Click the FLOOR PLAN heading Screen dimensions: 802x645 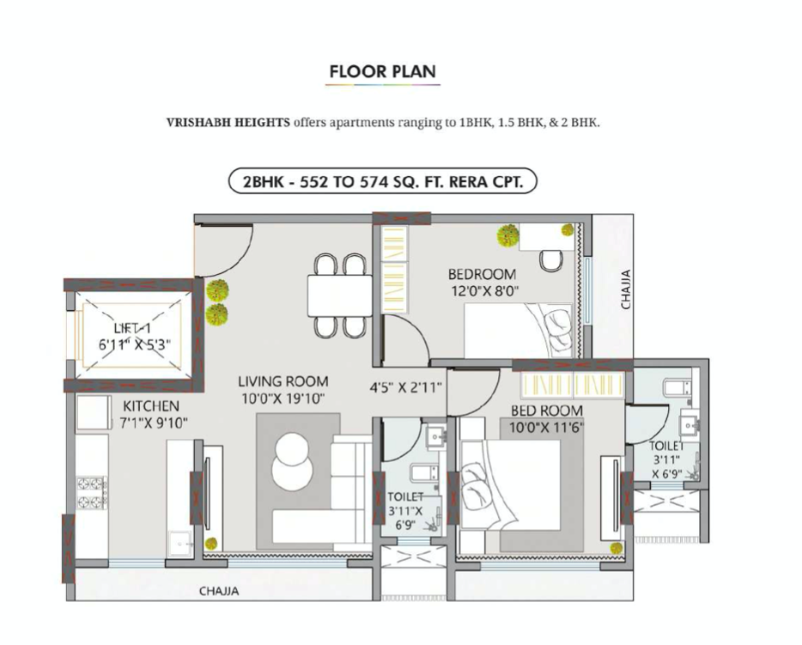click(x=383, y=71)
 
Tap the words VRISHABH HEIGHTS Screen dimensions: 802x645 click(x=228, y=123)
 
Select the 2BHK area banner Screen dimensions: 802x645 click(x=383, y=181)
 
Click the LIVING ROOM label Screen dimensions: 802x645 click(x=283, y=381)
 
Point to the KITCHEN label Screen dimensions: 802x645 click(x=151, y=406)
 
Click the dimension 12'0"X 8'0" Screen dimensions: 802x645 click(x=485, y=291)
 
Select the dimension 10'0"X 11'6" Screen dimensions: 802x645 click(x=547, y=427)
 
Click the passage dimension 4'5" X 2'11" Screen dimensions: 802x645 click(x=405, y=387)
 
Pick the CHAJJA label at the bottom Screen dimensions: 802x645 click(x=219, y=591)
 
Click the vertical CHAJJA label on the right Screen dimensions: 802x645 click(x=626, y=289)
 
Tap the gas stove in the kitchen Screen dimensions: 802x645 click(x=92, y=493)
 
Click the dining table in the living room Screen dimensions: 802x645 click(x=340, y=295)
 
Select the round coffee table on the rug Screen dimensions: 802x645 click(x=292, y=461)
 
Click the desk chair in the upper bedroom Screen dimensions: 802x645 click(x=551, y=260)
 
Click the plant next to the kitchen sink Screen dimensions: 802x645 click(x=211, y=543)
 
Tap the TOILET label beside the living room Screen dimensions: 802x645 click(x=405, y=496)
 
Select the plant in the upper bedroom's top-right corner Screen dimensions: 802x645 click(x=568, y=229)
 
